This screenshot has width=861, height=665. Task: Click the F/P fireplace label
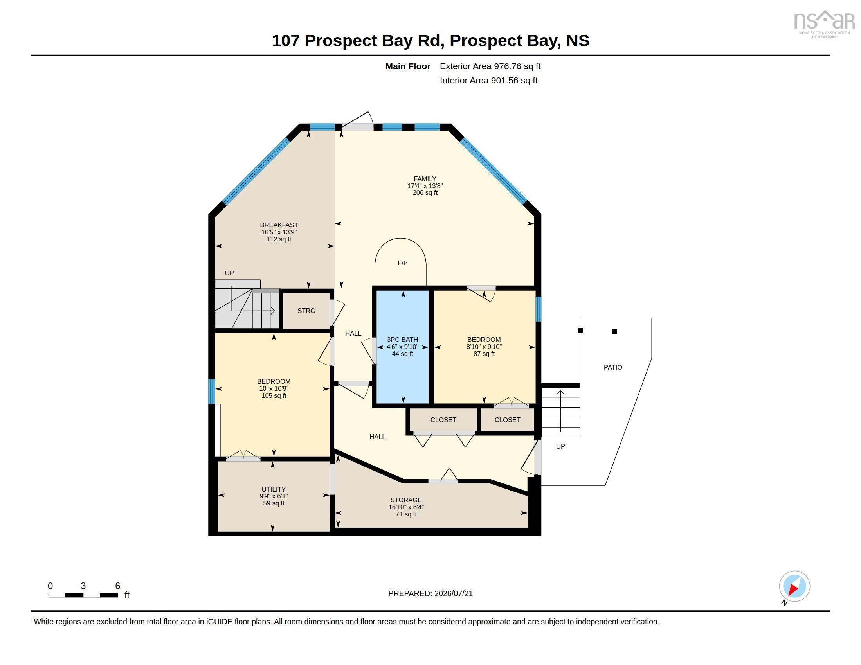pos(402,263)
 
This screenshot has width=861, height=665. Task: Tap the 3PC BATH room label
pos(402,340)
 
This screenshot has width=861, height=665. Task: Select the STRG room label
pos(306,311)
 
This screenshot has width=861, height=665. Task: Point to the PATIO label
pos(613,368)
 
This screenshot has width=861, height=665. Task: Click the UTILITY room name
pos(274,489)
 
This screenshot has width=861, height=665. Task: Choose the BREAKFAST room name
pos(279,225)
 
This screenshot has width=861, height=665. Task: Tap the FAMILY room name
pos(425,179)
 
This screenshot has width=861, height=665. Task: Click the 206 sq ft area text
pos(425,192)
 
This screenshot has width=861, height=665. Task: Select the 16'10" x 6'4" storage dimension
pos(406,507)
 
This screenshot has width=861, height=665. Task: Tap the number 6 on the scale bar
pos(117,586)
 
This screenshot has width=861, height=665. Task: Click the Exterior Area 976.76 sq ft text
pos(490,66)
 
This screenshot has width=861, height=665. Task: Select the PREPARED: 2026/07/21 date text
pos(430,593)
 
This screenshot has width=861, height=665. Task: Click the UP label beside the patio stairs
pos(560,446)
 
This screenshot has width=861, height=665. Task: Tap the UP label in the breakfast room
pos(229,273)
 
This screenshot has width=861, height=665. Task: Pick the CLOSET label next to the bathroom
pos(443,420)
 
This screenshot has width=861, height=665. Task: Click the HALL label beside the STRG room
pos(353,333)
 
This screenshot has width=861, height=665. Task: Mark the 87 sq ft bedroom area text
pos(484,354)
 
